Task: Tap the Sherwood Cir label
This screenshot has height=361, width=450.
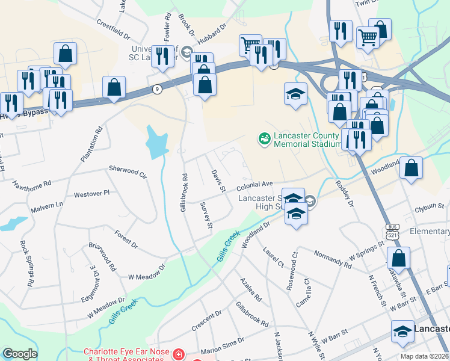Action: pyautogui.click(x=128, y=171)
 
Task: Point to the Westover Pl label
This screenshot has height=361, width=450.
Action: pyautogui.click(x=91, y=194)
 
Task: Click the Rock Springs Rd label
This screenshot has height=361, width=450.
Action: pyautogui.click(x=26, y=264)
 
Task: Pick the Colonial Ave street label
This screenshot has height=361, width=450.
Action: pyautogui.click(x=258, y=184)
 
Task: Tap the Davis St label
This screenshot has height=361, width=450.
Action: pyautogui.click(x=218, y=181)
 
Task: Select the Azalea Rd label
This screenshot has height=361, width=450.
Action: pyautogui.click(x=251, y=289)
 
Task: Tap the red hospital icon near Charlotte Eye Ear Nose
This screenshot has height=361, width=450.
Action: pyautogui.click(x=177, y=355)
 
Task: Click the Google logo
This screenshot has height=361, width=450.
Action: pyautogui.click(x=20, y=354)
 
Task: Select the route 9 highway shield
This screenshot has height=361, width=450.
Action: pyautogui.click(x=156, y=88)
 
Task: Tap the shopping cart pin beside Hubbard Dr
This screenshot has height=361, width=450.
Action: pyautogui.click(x=250, y=45)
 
